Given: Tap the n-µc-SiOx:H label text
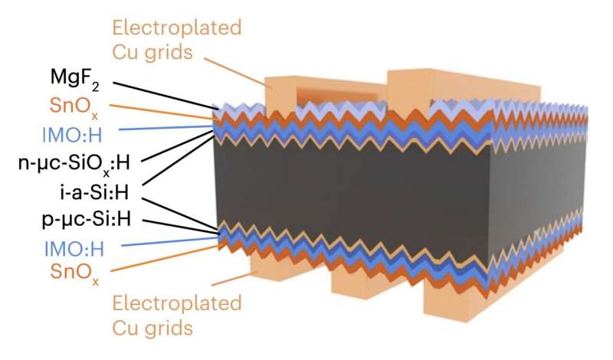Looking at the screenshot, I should click(72, 162).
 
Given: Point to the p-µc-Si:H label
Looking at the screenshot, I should click(84, 219).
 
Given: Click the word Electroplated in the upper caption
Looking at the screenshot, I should click(177, 28).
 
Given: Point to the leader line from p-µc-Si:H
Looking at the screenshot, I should click(184, 224).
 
